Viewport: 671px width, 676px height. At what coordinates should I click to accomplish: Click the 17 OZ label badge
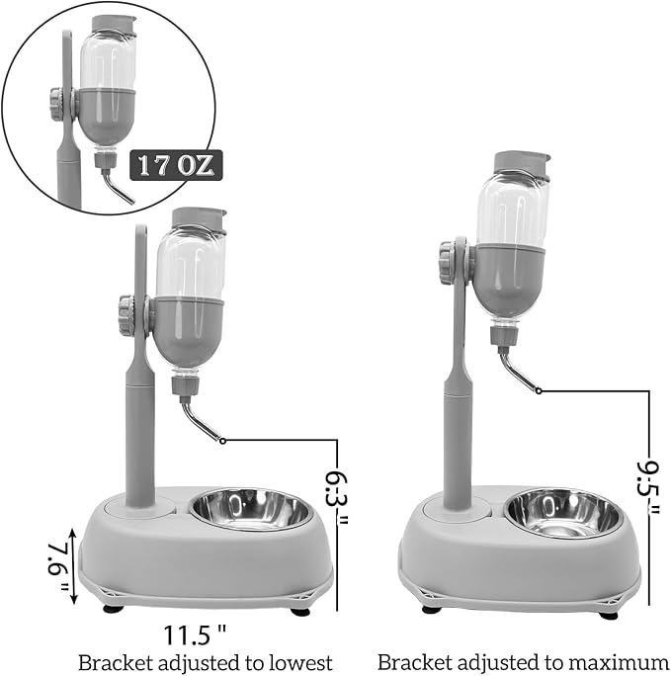tap(176, 165)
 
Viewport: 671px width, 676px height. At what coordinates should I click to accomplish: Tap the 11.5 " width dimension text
tap(195, 635)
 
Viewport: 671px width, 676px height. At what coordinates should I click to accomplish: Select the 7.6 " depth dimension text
tap(58, 566)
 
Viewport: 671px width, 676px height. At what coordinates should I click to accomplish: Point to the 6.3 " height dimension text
tap(337, 498)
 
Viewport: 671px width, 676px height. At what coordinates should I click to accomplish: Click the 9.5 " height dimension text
tap(648, 487)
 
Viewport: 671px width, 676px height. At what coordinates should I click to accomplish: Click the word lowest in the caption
tap(300, 662)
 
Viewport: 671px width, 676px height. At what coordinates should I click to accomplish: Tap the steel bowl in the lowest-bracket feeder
tap(250, 510)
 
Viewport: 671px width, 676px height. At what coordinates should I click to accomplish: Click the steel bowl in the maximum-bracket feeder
tap(563, 513)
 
